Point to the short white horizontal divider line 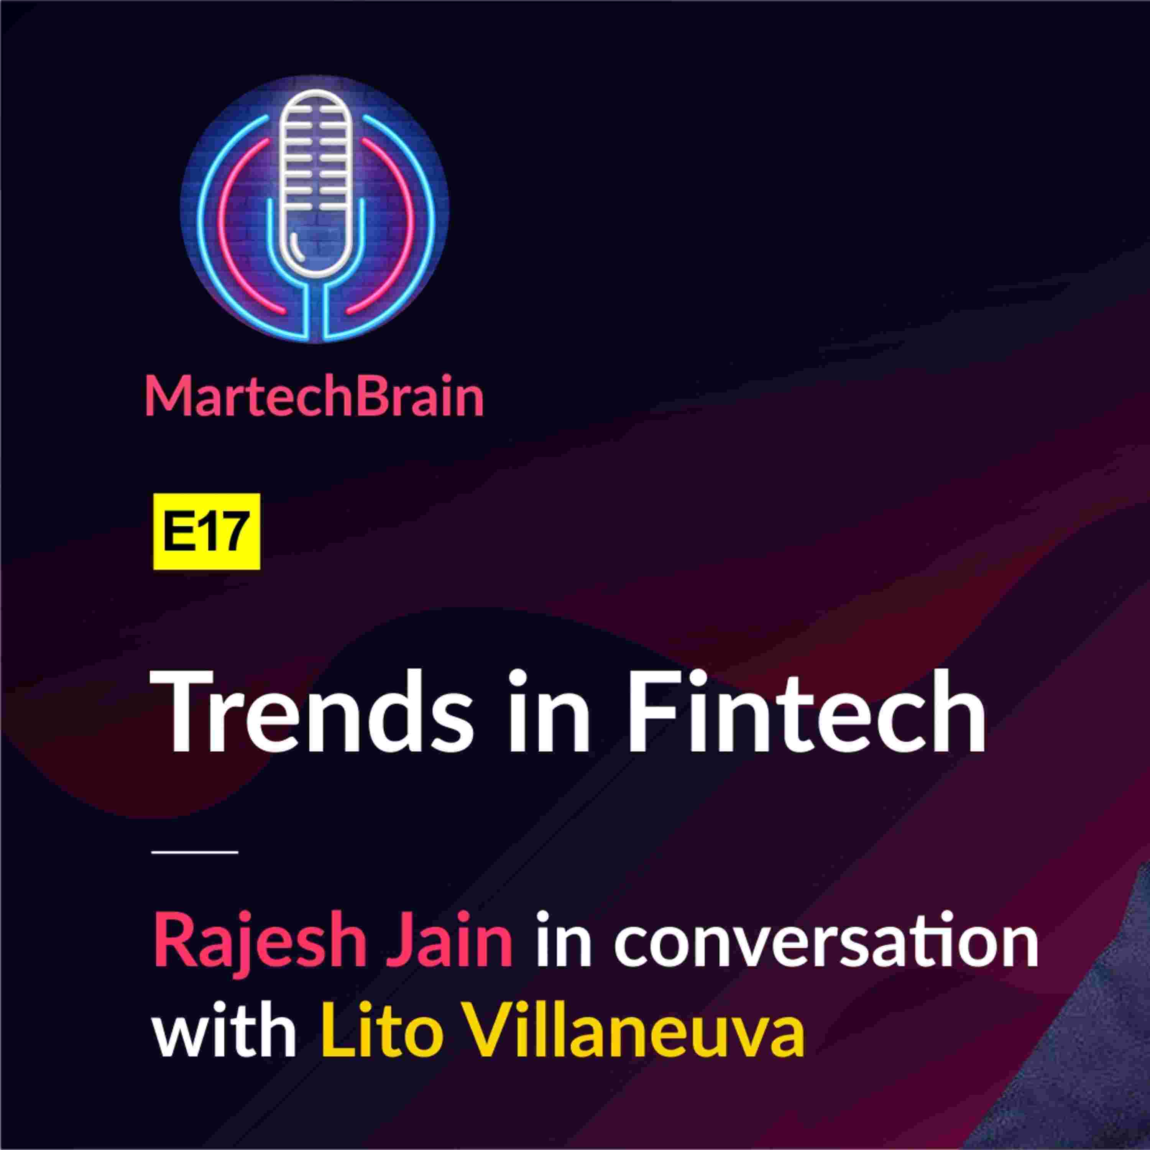click(195, 852)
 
